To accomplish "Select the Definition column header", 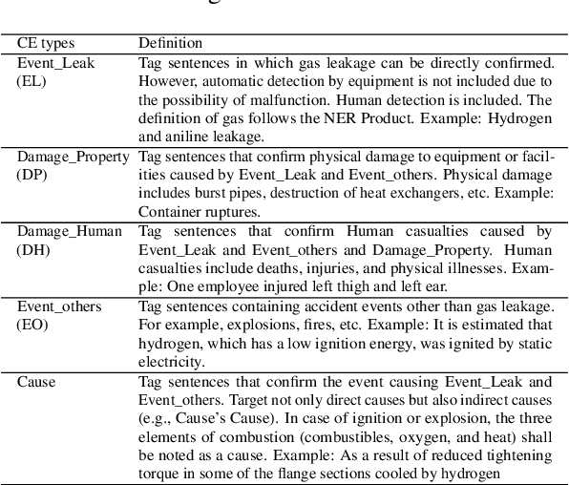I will click(170, 44).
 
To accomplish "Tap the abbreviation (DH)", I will click(32, 248).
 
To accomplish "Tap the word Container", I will click(168, 212).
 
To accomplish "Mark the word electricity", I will click(172, 361).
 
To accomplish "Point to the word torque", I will click(158, 473).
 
